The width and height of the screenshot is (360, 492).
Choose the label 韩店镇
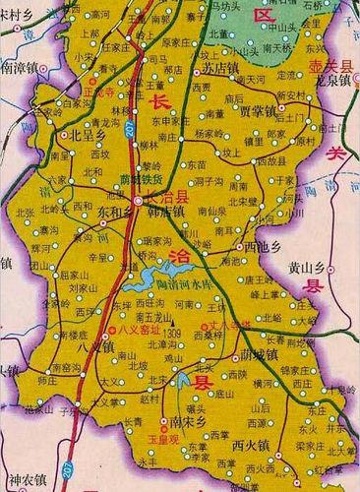tap(165, 211)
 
